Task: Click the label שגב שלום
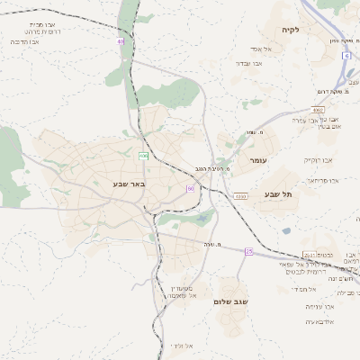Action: pyautogui.click(x=230, y=301)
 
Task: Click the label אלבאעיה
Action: pyautogui.click(x=320, y=321)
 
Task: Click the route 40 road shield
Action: pyautogui.click(x=121, y=40)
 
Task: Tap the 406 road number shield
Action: pyautogui.click(x=143, y=156)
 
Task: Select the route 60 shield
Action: pyautogui.click(x=191, y=188)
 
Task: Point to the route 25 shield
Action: pyautogui.click(x=248, y=252)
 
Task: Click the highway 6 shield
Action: pyautogui.click(x=346, y=55)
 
